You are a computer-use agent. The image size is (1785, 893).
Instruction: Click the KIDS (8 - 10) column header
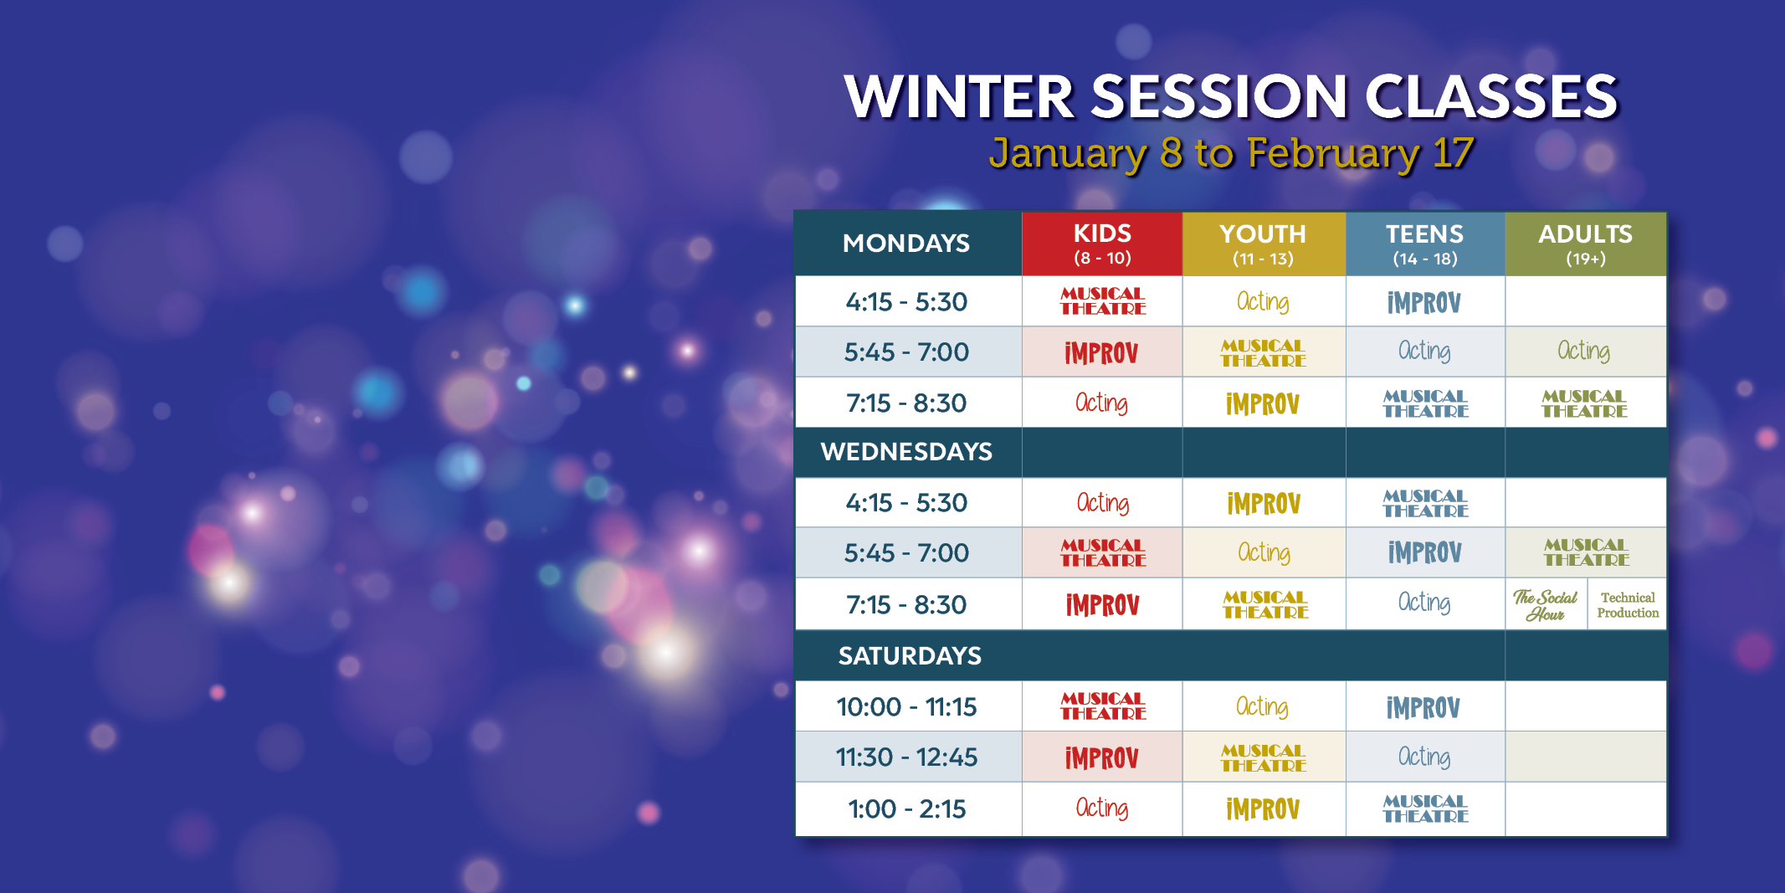pyautogui.click(x=1102, y=244)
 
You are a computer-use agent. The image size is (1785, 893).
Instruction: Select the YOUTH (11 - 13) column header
pyautogui.click(x=1264, y=244)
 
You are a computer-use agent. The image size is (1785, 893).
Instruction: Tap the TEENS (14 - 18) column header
pyautogui.click(x=1425, y=244)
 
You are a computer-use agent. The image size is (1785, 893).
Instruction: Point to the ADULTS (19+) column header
pyautogui.click(x=1586, y=244)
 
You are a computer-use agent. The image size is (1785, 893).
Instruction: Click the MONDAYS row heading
pyautogui.click(x=906, y=244)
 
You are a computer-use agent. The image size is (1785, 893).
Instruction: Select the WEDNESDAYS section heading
pyautogui.click(x=906, y=452)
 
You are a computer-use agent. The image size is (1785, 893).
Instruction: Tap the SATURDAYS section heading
pyautogui.click(x=910, y=655)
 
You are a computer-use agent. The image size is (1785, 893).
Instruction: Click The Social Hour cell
pyautogui.click(x=1545, y=604)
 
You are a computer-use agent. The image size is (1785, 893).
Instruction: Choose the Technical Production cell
pyautogui.click(x=1628, y=604)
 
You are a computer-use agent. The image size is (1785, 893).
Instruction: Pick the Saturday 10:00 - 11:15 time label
pyautogui.click(x=906, y=707)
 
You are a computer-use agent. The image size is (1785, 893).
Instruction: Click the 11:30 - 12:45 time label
pyautogui.click(x=906, y=757)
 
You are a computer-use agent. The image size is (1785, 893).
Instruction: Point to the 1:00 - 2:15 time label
pyautogui.click(x=906, y=809)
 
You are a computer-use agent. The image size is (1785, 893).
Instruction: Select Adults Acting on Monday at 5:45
pyautogui.click(x=1583, y=351)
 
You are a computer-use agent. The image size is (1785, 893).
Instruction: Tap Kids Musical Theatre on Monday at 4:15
pyautogui.click(x=1103, y=301)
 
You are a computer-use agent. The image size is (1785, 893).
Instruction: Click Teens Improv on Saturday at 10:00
pyautogui.click(x=1423, y=708)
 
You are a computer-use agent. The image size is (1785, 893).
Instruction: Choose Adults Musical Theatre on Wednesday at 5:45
pyautogui.click(x=1586, y=552)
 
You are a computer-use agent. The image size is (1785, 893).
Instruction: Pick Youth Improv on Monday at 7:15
pyautogui.click(x=1263, y=404)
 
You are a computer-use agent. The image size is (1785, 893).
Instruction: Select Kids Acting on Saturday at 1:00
pyautogui.click(x=1102, y=808)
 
